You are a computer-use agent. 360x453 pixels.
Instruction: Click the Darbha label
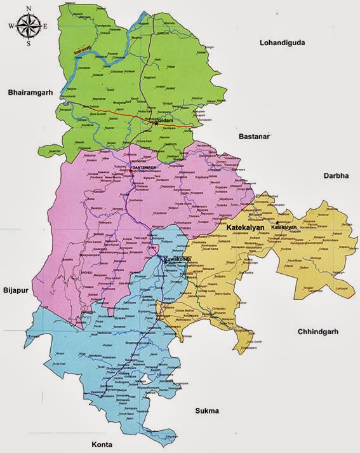[337, 175]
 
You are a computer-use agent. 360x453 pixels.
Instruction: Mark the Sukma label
[207, 410]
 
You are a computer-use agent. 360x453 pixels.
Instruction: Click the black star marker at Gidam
[156, 123]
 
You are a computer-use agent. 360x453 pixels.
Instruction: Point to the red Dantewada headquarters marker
[130, 170]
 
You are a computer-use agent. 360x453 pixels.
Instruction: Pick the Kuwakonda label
[178, 259]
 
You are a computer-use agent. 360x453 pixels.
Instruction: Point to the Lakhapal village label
[325, 287]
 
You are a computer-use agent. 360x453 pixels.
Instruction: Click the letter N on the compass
[27, 9]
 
